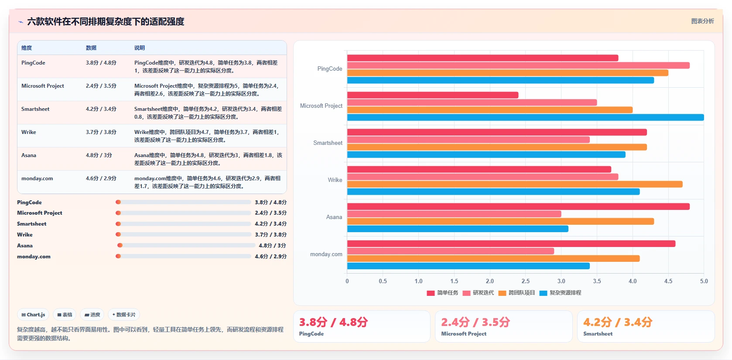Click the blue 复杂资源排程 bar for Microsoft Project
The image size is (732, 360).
click(526, 117)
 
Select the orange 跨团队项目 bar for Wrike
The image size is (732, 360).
click(515, 185)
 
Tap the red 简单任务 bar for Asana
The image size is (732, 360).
click(518, 207)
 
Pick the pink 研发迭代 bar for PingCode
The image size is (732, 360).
click(518, 65)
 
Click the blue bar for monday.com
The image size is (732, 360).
click(468, 266)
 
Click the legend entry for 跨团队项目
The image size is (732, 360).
click(517, 293)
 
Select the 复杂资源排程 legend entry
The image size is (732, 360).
click(560, 293)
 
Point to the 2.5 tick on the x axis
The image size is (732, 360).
click(526, 281)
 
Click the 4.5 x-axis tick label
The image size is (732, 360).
click(668, 281)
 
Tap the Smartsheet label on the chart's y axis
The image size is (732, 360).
click(328, 143)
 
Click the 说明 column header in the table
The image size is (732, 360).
click(140, 48)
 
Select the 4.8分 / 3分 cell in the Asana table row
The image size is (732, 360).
click(99, 155)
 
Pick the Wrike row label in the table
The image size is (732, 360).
click(29, 132)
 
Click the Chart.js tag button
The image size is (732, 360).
click(33, 315)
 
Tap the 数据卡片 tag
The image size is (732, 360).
click(124, 315)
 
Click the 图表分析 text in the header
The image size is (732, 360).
click(703, 21)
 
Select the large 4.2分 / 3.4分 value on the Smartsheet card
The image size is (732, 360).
click(618, 322)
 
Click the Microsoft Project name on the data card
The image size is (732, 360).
click(464, 334)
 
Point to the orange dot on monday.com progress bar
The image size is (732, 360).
click(118, 256)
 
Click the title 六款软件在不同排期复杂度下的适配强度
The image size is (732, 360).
click(106, 21)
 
